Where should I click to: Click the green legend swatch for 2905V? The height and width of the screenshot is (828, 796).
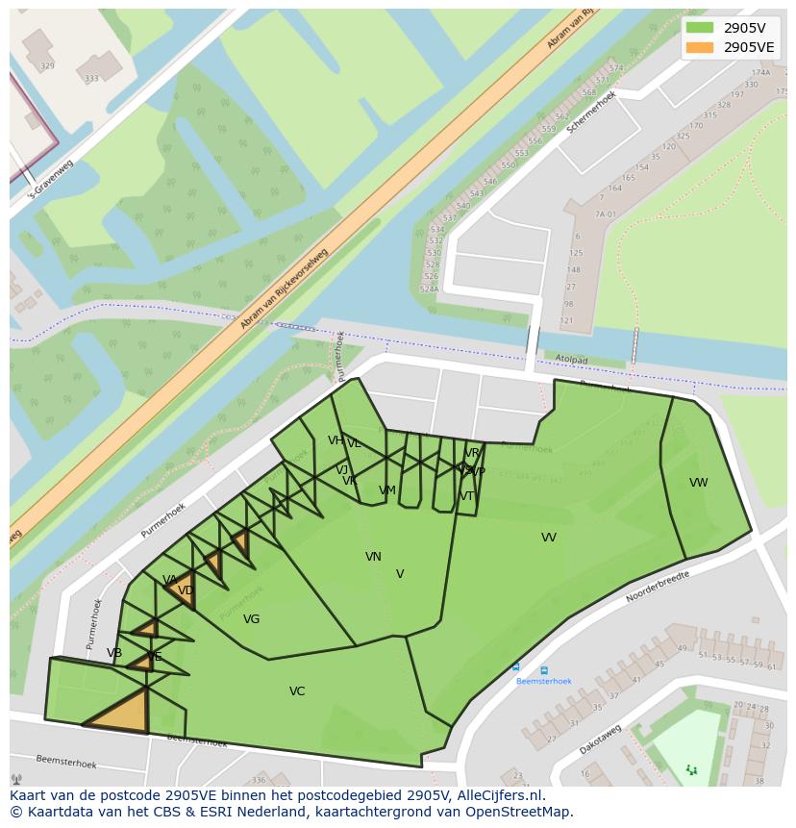point(700,28)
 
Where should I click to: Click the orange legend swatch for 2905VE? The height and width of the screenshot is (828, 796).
point(700,47)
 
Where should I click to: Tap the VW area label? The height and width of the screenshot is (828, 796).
point(698,483)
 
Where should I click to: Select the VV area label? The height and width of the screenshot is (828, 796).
point(548,538)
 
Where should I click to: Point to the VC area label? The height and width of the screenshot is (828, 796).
point(297,691)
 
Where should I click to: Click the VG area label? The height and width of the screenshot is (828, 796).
point(251,619)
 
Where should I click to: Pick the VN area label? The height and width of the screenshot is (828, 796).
point(373,557)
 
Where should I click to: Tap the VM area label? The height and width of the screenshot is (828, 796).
point(387,490)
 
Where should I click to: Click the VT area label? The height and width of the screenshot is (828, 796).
point(467,496)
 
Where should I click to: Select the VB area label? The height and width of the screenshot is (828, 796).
point(114,653)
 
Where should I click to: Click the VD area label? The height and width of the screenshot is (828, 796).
point(186,590)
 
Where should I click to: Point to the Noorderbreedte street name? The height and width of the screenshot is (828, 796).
point(658,586)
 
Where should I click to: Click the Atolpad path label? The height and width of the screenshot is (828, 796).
point(571,359)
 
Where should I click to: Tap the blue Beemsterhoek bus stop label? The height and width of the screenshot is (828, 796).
point(543,681)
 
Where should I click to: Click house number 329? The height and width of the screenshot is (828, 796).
point(47,66)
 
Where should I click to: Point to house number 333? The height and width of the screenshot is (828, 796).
point(91,79)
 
